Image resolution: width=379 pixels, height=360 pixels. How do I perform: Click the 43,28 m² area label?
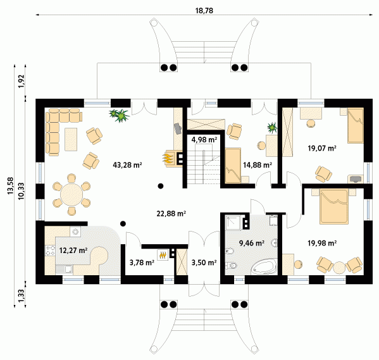pos(127,165)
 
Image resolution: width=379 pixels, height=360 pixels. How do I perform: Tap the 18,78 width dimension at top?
pos(204,11)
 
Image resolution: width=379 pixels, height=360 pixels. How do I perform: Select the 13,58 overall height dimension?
pos(10,185)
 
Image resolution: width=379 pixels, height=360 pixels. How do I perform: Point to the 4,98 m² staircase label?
pos(204,139)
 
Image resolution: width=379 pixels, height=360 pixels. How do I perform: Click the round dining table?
pos(71,195)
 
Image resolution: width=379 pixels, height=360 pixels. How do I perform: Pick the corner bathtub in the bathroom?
pos(264,266)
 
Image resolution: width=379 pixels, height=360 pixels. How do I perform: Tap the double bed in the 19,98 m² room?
pos(334,206)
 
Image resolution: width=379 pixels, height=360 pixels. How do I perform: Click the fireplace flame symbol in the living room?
pos(168,158)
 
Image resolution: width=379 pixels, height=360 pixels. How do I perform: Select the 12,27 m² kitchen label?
pos(73,251)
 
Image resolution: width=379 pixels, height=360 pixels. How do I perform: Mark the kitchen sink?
pos(64,270)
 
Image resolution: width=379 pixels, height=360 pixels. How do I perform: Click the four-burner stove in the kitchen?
pos(50,251)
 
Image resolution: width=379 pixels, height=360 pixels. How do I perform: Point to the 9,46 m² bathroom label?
pos(252,243)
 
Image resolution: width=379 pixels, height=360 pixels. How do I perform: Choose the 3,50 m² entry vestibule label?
pos(204,263)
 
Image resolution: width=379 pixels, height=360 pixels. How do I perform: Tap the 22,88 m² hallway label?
pos(171,214)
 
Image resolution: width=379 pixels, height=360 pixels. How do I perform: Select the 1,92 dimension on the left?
pos(22,81)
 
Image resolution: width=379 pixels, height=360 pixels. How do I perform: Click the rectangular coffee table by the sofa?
pos(71,139)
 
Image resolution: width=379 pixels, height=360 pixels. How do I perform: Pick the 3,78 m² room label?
pos(142,263)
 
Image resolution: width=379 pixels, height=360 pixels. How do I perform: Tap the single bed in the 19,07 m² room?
pos(356,125)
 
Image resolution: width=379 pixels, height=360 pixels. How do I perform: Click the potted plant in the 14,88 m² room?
pos(272,127)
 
